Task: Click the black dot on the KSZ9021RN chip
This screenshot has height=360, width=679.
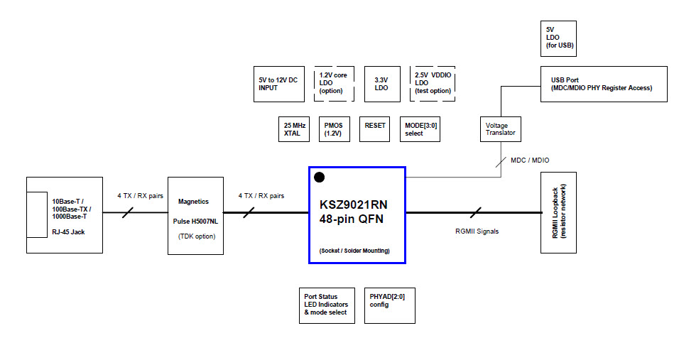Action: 320,177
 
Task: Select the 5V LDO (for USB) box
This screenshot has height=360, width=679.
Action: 559,40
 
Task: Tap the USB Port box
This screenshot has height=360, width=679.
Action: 604,84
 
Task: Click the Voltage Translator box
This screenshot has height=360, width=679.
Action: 501,129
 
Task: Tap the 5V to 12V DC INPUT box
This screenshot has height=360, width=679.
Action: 278,84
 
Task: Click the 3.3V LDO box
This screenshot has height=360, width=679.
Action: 382,84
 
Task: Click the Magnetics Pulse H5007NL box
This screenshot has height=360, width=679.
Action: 196,215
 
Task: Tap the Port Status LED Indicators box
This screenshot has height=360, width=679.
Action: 327,305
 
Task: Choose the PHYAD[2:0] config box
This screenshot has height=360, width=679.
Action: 389,305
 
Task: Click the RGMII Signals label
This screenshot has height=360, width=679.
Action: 477,231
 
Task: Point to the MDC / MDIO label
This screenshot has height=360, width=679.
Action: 530,160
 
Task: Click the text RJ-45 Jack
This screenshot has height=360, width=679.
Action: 69,231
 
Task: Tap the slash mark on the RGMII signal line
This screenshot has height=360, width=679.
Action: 476,212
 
